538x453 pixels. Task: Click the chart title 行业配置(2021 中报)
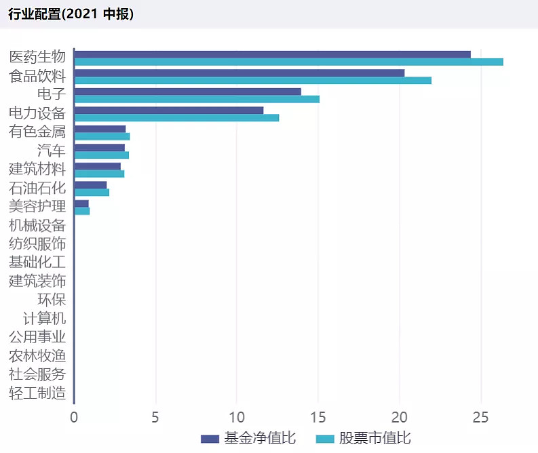pos(71,14)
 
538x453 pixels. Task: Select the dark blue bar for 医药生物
pos(272,54)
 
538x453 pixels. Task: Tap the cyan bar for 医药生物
pos(288,62)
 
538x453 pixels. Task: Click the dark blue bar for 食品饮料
pos(239,73)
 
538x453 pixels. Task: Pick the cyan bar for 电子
pos(196,99)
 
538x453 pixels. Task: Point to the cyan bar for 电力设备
pos(176,117)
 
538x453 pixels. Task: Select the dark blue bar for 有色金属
pos(100,129)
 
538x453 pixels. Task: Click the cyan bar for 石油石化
pos(92,193)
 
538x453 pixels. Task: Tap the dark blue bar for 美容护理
pos(81,203)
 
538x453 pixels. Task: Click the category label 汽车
pos(52,151)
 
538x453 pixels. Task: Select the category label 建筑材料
pos(37,169)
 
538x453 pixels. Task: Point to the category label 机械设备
pos(37,225)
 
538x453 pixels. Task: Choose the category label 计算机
pos(44,318)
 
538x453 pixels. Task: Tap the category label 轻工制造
pos(37,393)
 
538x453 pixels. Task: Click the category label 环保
pos(52,300)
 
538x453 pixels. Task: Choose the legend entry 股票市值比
pos(364,438)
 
